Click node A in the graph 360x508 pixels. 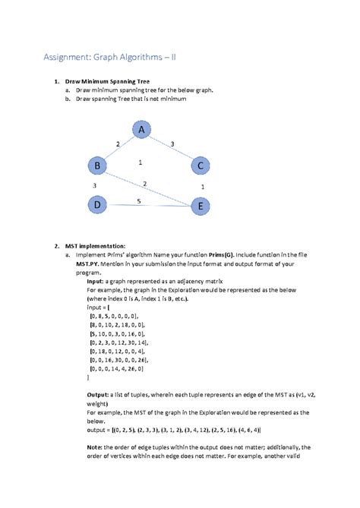point(141,131)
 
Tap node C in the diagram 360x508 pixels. point(200,166)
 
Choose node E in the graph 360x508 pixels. point(200,206)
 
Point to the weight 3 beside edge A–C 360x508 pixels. point(172,144)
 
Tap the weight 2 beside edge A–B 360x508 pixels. point(117,144)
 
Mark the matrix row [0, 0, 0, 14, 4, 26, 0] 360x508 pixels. point(118,368)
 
